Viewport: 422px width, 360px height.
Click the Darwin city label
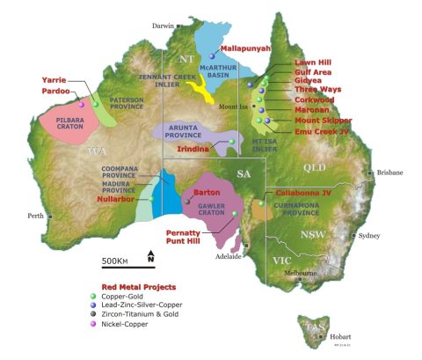[163, 26]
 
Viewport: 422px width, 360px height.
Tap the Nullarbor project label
[116, 200]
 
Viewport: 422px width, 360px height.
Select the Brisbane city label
[389, 173]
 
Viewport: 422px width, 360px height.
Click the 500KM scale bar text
[116, 261]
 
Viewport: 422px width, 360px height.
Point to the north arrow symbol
[150, 258]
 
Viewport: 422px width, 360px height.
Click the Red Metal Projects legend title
[138, 286]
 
